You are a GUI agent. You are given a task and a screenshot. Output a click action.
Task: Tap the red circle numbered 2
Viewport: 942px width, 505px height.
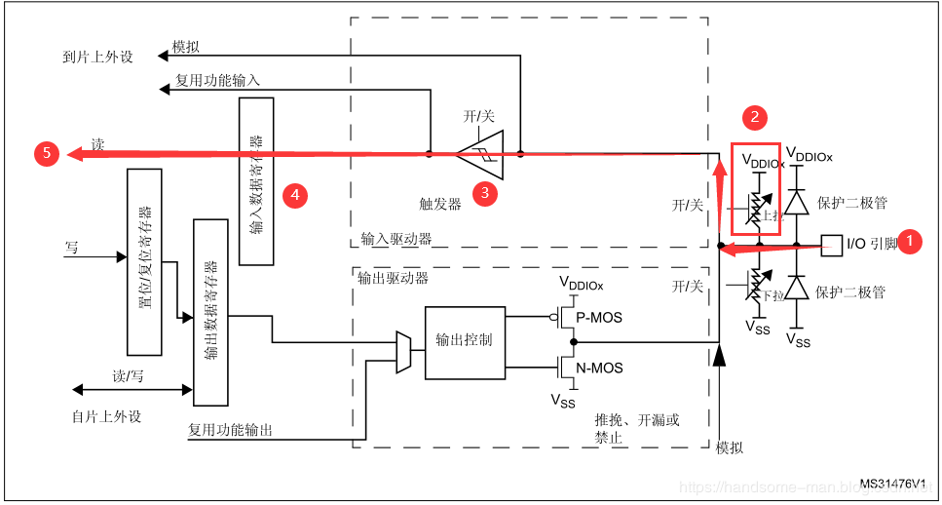click(753, 117)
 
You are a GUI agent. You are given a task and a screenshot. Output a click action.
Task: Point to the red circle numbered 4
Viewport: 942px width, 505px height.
click(295, 195)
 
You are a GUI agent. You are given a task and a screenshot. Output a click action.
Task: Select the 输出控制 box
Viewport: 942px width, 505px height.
click(465, 341)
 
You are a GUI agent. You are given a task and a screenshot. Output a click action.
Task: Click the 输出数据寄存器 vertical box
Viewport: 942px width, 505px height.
click(210, 312)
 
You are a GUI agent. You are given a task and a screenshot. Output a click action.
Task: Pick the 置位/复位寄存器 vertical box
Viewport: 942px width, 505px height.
click(144, 261)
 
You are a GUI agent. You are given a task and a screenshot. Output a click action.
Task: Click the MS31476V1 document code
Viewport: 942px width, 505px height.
click(891, 484)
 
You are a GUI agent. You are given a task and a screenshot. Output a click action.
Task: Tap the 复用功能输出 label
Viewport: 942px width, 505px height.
click(230, 429)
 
